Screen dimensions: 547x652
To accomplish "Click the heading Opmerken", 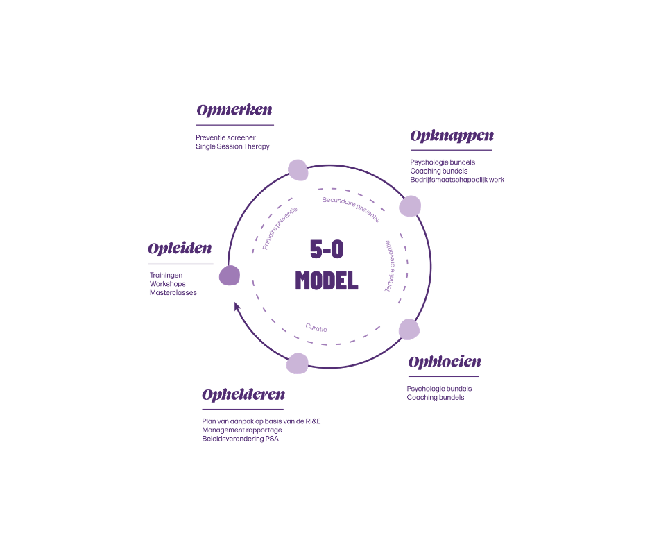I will tap(234, 110).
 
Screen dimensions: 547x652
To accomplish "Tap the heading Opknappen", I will tap(452, 136).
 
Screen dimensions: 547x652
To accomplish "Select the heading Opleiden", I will tap(180, 249).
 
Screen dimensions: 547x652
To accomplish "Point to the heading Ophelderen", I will tap(243, 395).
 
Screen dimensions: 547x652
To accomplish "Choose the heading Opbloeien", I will tap(445, 362).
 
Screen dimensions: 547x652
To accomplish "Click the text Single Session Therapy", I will tap(232, 147).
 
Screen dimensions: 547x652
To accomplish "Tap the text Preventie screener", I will tap(225, 137).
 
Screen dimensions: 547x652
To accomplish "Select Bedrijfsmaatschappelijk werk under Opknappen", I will tap(457, 180).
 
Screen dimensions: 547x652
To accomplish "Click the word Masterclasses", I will tap(173, 293).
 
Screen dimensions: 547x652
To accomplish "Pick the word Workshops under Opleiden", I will tap(168, 284).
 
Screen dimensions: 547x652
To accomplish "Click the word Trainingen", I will tap(166, 275).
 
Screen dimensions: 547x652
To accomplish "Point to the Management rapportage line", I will tap(242, 430).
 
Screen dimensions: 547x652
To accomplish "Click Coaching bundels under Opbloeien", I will tap(435, 398).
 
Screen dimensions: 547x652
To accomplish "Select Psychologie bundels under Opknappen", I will tap(443, 162).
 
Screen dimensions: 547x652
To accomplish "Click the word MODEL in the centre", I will tap(327, 280).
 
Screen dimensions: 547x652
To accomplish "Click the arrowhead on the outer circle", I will tap(237, 306).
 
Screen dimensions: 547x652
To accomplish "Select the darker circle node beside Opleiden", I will tap(230, 276).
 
